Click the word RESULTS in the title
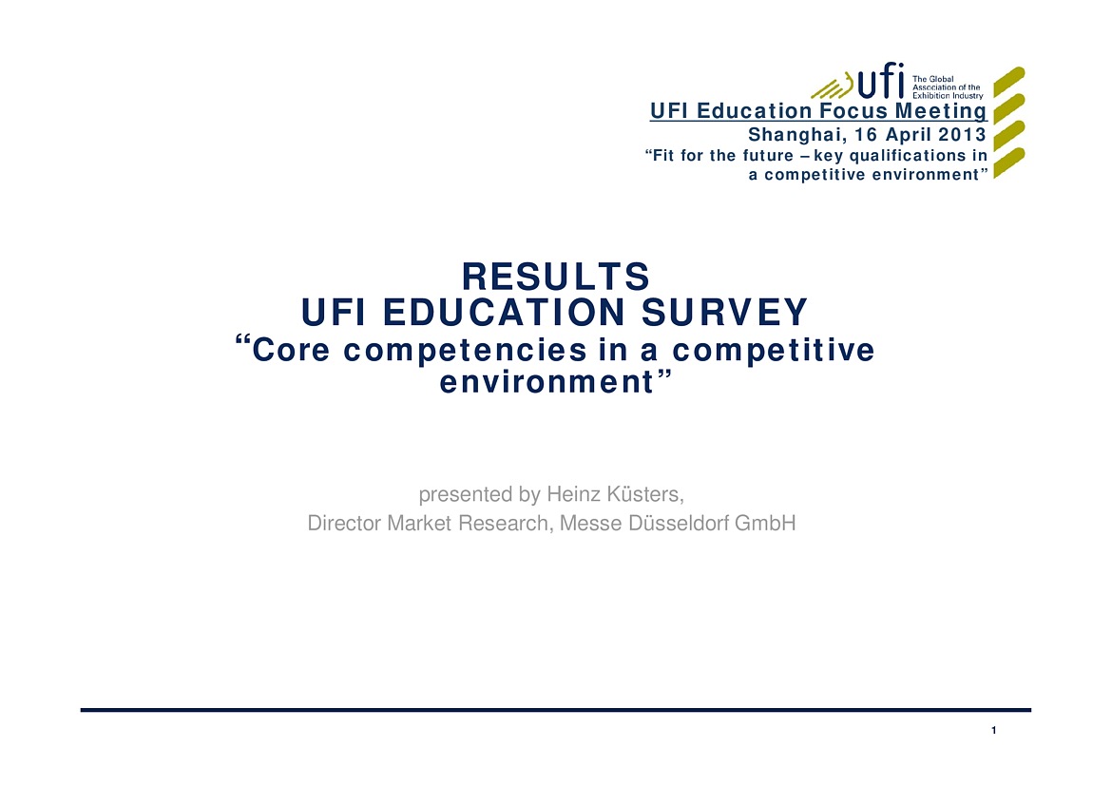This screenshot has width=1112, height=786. coord(556,277)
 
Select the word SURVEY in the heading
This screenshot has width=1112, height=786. coord(725,313)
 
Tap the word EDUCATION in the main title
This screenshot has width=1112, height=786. coord(505,313)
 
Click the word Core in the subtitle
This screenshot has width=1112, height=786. coord(291,351)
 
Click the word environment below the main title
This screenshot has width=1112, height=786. coord(546,383)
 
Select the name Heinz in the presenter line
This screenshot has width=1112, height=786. coord(574,493)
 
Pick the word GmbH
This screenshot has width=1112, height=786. coord(765,523)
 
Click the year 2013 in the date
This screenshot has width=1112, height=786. coord(963,134)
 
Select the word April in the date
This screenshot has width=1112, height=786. coord(910,135)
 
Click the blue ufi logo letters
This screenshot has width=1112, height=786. coord(881,80)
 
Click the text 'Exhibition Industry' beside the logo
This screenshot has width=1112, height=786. coord(948,96)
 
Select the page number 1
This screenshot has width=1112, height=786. coord(993,730)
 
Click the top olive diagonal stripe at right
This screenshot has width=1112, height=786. coord(1009,82)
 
